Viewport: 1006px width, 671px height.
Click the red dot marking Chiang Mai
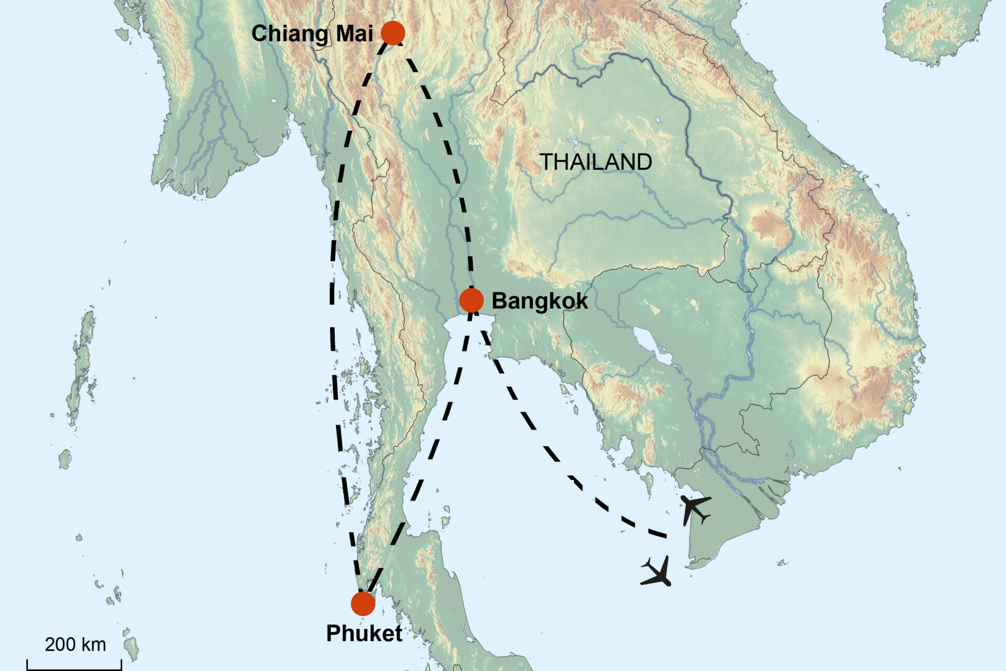pos(393,33)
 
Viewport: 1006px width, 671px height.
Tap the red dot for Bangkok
pos(471,300)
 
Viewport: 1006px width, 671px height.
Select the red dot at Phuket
pos(363,604)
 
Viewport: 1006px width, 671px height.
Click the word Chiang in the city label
pos(290,34)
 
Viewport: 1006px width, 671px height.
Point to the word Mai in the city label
pos(354,34)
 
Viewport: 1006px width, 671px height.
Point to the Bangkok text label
pos(540,301)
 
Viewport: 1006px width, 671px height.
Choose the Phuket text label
pos(364,633)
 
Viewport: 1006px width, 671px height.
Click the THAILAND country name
pos(596,162)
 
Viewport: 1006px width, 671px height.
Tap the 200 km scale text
pos(75,644)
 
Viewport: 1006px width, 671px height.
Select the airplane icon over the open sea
pos(657,572)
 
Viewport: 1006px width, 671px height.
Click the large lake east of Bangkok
pos(652,346)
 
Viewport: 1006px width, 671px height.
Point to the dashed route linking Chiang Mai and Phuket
pos(333,315)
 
